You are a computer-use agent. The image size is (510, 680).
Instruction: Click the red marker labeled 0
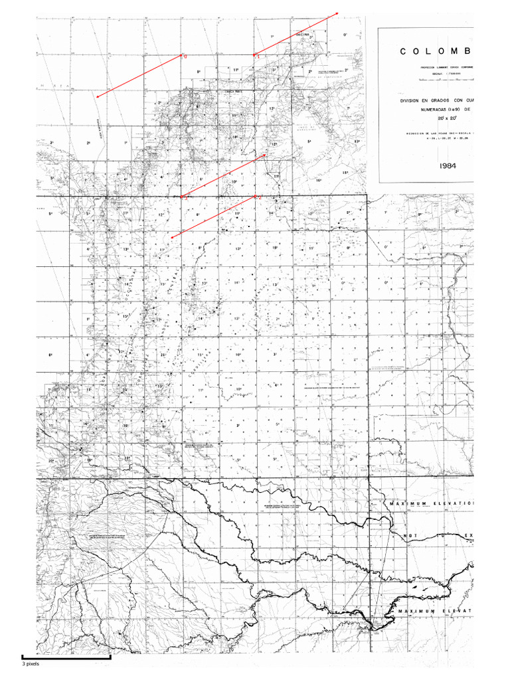[x=181, y=56]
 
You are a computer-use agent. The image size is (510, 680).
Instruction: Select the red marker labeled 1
[x=254, y=54]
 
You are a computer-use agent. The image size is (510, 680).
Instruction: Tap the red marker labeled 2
[x=181, y=197]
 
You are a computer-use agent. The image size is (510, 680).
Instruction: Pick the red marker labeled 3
[x=255, y=197]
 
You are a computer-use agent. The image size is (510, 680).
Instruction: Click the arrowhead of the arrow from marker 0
[x=97, y=98]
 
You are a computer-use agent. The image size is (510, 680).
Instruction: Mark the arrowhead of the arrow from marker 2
[x=267, y=155]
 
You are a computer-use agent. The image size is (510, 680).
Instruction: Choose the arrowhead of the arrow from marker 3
[x=171, y=238]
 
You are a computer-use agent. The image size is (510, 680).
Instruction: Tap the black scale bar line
[x=66, y=656]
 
